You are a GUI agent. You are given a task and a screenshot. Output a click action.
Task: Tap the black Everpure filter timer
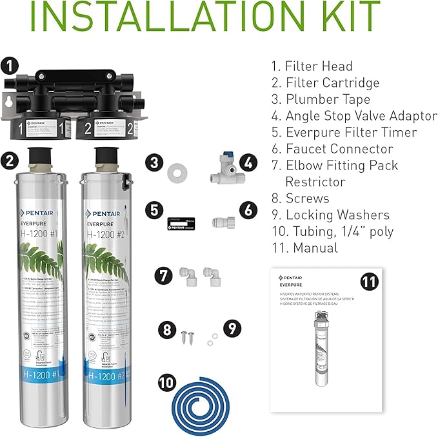click(x=176, y=222)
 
